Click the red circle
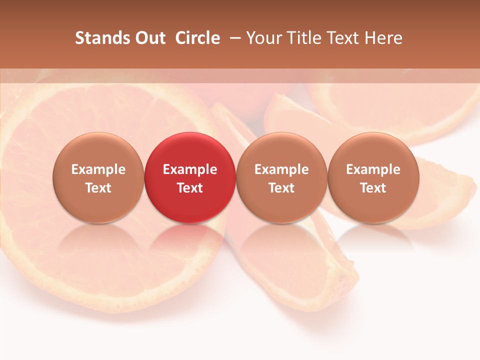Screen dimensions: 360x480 [x=190, y=150]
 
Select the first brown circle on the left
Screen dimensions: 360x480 [x=98, y=150]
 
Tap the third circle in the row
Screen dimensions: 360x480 [x=281, y=150]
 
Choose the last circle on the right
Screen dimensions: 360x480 [x=373, y=150]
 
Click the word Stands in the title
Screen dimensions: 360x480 [x=101, y=38]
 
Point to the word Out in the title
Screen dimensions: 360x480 [x=149, y=38]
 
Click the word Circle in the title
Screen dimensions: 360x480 [x=197, y=38]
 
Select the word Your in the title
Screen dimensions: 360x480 [x=264, y=38]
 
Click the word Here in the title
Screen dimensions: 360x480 [x=383, y=38]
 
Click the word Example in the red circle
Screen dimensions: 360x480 [x=190, y=169]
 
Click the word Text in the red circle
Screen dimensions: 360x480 [x=190, y=188]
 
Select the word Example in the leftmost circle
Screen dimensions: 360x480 [x=98, y=169]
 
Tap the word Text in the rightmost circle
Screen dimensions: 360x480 [x=373, y=188]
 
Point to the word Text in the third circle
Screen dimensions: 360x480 [x=281, y=188]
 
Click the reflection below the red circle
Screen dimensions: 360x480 [x=190, y=245]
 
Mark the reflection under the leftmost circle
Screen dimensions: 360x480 [x=98, y=245]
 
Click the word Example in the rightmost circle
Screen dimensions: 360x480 [x=373, y=169]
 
